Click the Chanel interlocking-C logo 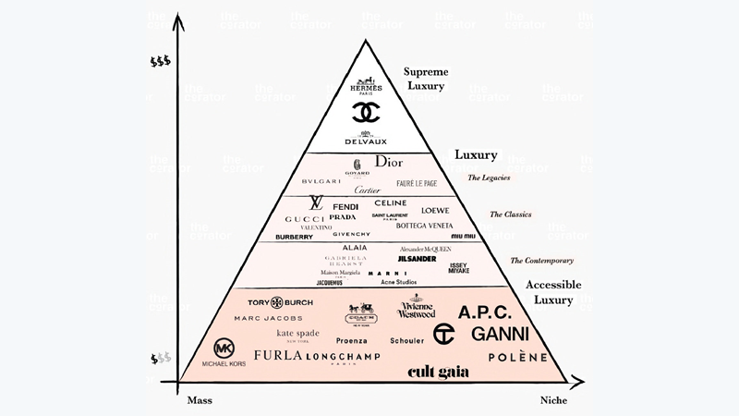(369, 112)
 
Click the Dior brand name (391, 162)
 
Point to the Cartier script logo (367, 190)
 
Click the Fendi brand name (345, 206)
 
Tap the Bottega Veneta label (424, 226)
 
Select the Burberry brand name (294, 237)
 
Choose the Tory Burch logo (280, 301)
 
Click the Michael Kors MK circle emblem (224, 348)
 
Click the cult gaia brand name (439, 373)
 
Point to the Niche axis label (553, 399)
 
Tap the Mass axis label (200, 399)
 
